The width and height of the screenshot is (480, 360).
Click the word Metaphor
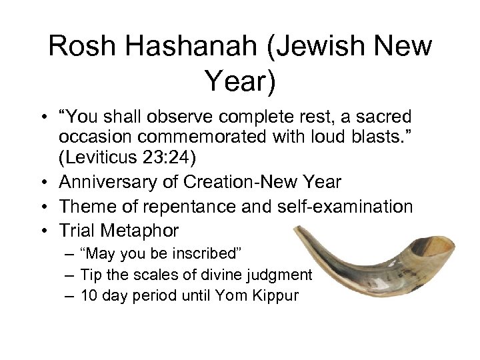[x=141, y=230]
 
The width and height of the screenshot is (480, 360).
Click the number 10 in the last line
[x=88, y=294]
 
